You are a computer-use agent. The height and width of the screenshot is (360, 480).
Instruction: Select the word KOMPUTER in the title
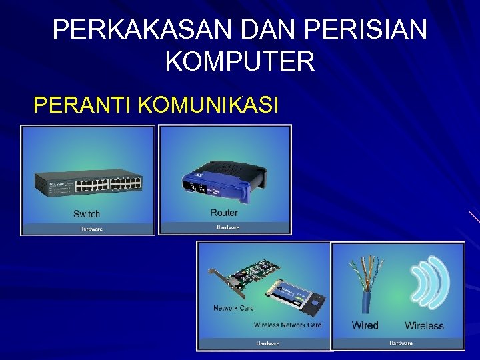239,62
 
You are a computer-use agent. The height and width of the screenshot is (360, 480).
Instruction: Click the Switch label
87,214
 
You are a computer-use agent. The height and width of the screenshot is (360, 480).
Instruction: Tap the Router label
224,213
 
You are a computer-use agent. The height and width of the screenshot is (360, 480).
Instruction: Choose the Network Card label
233,308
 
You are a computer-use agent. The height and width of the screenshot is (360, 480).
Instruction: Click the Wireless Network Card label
287,325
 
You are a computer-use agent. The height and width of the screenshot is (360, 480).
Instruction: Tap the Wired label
365,325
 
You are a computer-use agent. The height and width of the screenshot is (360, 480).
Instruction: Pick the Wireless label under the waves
424,326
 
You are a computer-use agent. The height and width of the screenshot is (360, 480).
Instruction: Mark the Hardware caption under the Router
227,227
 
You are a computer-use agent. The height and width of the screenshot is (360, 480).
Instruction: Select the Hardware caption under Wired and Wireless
401,343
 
